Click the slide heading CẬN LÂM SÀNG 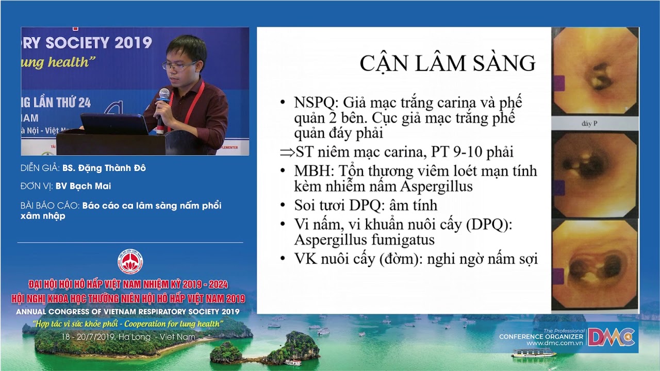point(447,63)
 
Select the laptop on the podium point(114,124)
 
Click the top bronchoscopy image point(595,73)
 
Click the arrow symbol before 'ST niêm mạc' point(287,153)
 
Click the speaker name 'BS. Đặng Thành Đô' point(104,168)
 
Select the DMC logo point(612,338)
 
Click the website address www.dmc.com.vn point(555,343)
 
